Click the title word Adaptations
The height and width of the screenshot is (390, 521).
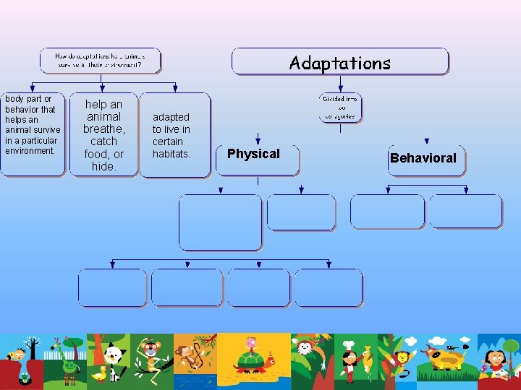[339, 63]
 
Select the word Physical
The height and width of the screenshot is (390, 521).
[253, 154]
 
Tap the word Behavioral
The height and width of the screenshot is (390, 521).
[423, 158]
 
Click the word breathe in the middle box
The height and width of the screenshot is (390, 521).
[103, 129]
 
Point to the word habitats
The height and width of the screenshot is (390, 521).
[171, 154]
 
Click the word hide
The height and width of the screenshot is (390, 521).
[103, 167]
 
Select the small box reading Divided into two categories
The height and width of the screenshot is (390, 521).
[340, 107]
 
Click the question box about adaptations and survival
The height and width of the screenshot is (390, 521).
[100, 60]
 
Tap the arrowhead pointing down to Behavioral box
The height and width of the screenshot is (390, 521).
[427, 142]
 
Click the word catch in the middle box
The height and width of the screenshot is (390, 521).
[103, 142]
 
